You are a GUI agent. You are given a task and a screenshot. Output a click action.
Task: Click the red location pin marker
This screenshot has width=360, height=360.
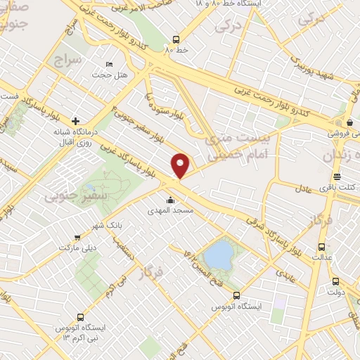(x=181, y=165)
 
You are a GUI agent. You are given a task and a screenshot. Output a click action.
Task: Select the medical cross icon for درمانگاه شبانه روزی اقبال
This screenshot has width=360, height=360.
(x=75, y=120)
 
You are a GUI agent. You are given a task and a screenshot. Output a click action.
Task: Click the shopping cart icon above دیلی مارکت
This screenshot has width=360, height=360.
(x=77, y=238)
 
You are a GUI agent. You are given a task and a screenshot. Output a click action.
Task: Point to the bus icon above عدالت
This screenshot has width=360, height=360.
(x=322, y=247)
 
